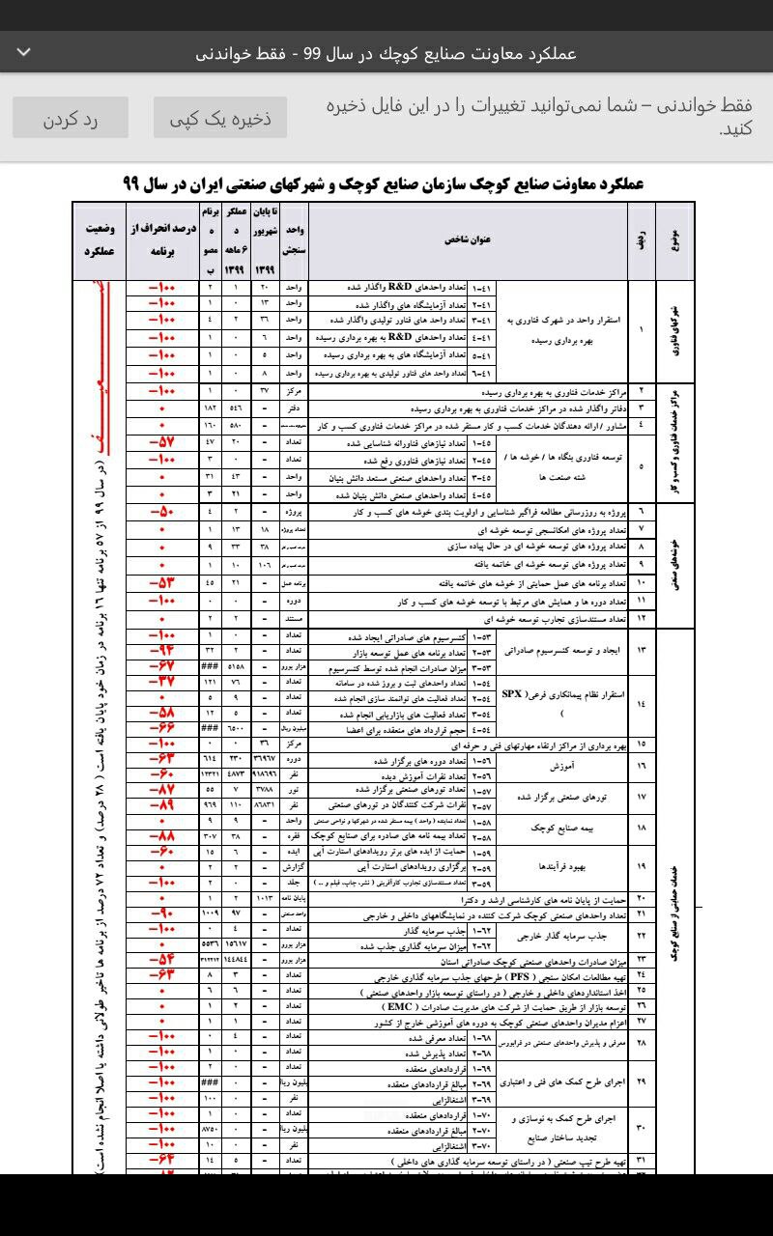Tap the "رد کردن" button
(x=70, y=118)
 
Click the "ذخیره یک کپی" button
(x=220, y=118)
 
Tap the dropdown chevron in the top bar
(x=24, y=51)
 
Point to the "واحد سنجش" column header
(x=294, y=240)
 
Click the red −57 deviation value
(x=161, y=442)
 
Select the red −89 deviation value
(x=161, y=804)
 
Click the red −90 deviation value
(x=161, y=913)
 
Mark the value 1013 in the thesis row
(x=265, y=897)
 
